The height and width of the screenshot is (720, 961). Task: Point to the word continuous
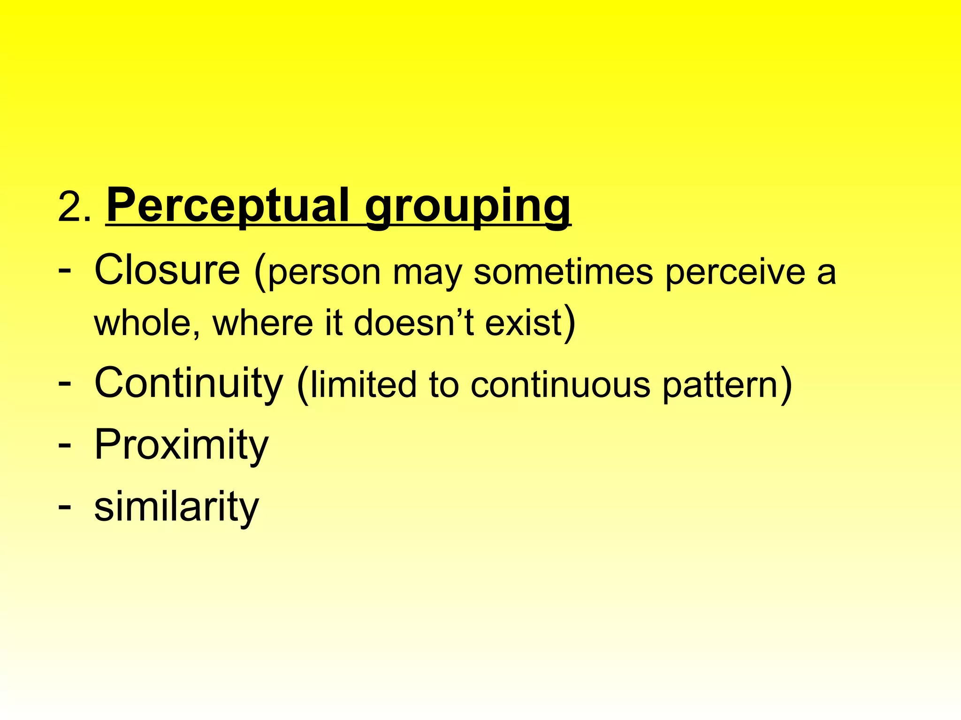point(560,384)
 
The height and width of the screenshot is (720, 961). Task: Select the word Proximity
point(181,445)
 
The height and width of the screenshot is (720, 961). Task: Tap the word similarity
point(176,507)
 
